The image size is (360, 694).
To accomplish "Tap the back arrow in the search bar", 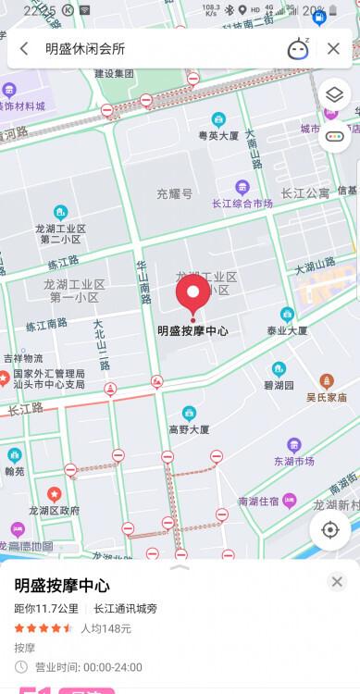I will click(x=23, y=49).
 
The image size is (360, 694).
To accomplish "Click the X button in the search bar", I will click(x=333, y=49).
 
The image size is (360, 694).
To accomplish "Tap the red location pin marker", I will click(x=192, y=295).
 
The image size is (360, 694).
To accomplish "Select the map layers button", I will click(x=333, y=95).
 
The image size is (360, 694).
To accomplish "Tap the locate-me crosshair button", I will click(x=329, y=530).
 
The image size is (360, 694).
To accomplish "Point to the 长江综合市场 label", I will click(x=242, y=203).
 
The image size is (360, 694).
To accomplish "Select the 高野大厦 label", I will click(x=189, y=429).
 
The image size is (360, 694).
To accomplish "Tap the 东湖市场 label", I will click(x=294, y=463).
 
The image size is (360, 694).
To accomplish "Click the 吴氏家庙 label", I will click(x=327, y=397).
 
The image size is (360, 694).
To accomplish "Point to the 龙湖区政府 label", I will click(x=54, y=510).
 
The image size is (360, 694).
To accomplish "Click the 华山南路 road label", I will click(x=143, y=280).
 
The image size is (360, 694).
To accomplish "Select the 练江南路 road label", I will click(x=46, y=323).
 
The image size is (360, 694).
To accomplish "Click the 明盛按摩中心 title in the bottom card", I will click(x=62, y=586).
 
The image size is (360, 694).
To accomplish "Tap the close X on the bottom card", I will click(x=337, y=582).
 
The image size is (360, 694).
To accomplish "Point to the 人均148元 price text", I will click(x=106, y=628).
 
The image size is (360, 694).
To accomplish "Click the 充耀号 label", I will click(x=174, y=195).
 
